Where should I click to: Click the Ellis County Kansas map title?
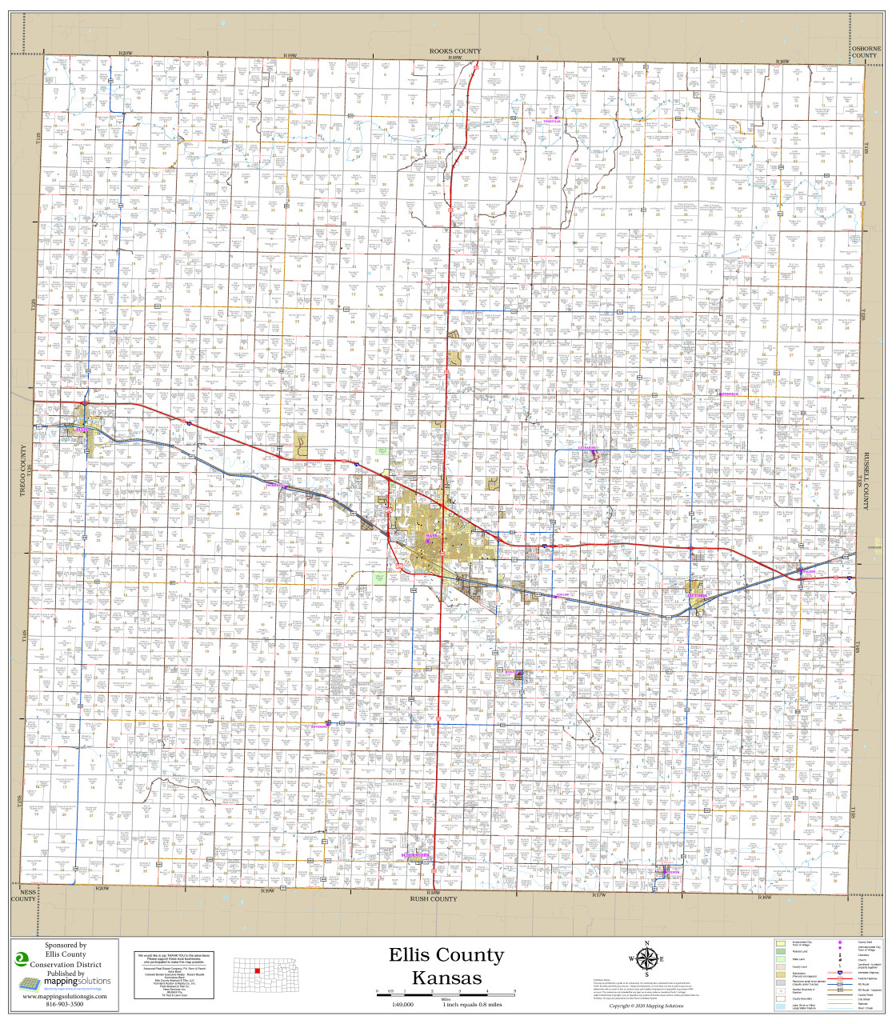(x=446, y=966)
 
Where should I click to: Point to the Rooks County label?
(x=454, y=51)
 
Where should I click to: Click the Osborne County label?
(x=866, y=52)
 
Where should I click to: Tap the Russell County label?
(x=866, y=479)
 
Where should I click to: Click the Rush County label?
(x=433, y=898)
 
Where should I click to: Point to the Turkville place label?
(x=553, y=121)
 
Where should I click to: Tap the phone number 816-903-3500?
(x=66, y=1004)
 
